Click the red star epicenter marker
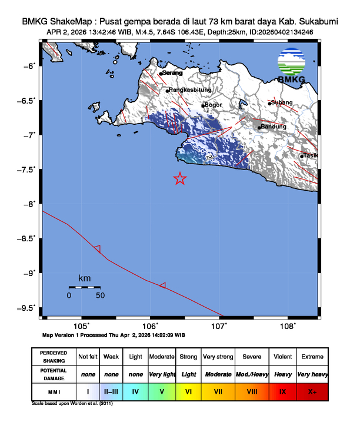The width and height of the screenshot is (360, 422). (180, 179)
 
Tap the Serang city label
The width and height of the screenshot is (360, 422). (172, 73)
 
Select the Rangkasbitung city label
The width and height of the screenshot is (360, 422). (189, 90)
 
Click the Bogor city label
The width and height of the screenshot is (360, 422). (213, 105)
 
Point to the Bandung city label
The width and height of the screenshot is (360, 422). (274, 127)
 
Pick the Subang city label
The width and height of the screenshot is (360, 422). (281, 102)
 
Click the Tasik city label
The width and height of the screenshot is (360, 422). (310, 155)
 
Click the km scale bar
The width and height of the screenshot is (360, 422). (84, 287)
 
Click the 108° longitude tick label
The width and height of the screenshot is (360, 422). (287, 326)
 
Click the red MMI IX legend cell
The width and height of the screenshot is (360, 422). (282, 391)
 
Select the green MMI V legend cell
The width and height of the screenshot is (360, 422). (162, 391)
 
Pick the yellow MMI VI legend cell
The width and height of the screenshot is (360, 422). (188, 391)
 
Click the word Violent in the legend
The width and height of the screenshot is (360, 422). (282, 357)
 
